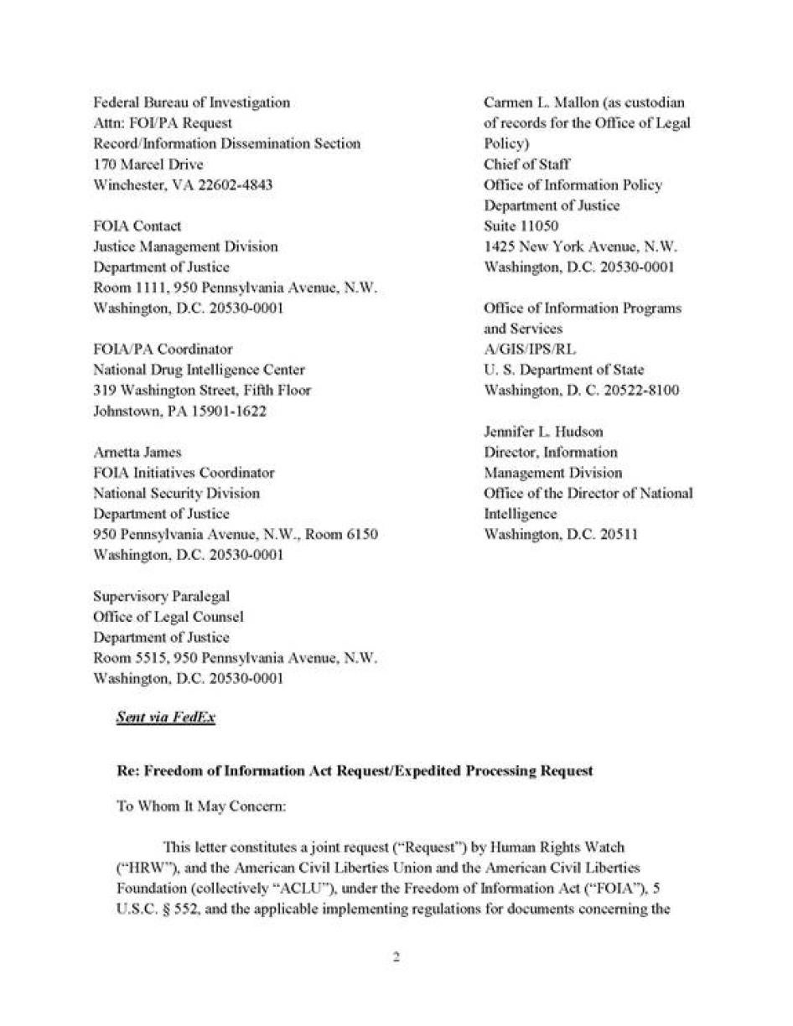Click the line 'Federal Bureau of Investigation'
pyautogui.click(x=191, y=102)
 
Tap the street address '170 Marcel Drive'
pyautogui.click(x=148, y=164)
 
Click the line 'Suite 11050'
pyautogui.click(x=521, y=226)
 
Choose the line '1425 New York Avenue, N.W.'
pyautogui.click(x=580, y=246)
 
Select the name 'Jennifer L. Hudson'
pyautogui.click(x=543, y=432)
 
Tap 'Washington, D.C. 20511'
pyautogui.click(x=561, y=534)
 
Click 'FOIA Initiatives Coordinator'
pyautogui.click(x=184, y=473)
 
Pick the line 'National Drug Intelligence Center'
pyautogui.click(x=199, y=370)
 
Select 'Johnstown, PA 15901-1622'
pyautogui.click(x=179, y=411)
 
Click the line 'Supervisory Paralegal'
pyautogui.click(x=161, y=596)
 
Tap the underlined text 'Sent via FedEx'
pyautogui.click(x=165, y=718)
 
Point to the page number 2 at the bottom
pyautogui.click(x=396, y=958)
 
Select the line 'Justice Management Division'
pyautogui.click(x=184, y=246)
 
